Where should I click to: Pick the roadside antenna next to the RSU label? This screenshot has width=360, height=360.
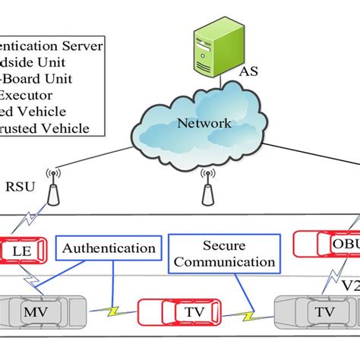pyautogui.click(x=53, y=190)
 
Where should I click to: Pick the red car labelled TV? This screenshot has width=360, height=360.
pyautogui.click(x=169, y=312)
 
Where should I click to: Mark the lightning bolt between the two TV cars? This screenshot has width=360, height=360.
pyautogui.click(x=248, y=313)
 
